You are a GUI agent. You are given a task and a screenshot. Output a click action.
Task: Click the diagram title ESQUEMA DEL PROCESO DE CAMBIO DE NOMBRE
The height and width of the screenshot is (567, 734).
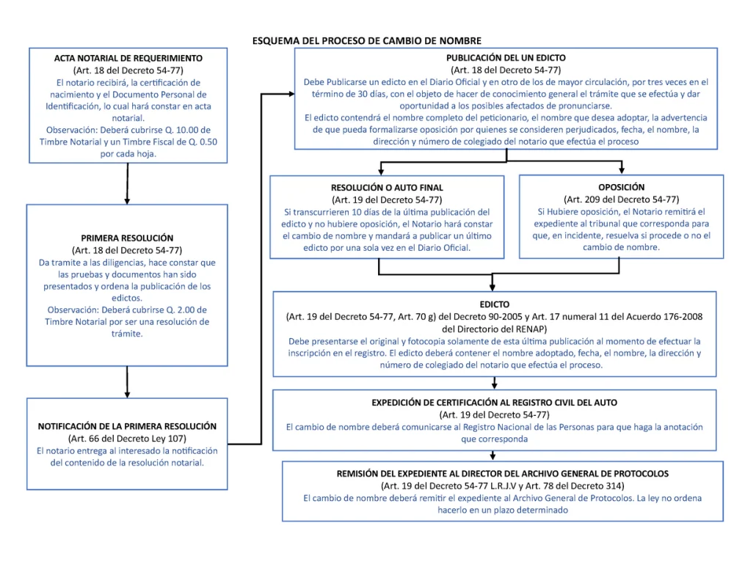[x=366, y=40]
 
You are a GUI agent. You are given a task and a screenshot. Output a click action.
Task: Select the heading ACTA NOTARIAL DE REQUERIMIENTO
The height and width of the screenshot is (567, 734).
[x=128, y=59]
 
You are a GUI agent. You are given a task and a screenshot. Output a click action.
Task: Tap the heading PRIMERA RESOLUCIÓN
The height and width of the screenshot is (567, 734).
[x=127, y=238]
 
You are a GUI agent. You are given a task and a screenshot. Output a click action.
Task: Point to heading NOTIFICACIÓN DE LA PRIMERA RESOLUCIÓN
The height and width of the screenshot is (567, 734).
[x=127, y=426]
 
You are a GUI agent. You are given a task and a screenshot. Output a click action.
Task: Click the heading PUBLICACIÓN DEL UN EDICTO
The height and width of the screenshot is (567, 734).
[x=506, y=58]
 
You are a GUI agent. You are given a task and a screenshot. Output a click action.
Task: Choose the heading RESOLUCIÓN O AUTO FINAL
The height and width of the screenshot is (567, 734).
[x=387, y=188]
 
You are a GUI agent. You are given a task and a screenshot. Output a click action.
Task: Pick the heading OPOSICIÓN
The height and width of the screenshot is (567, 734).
[x=621, y=187]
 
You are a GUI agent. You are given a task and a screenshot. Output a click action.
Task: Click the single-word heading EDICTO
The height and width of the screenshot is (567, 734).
[x=494, y=304]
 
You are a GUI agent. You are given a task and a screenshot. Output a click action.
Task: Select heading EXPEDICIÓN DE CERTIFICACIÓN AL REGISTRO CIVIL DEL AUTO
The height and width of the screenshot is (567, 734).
[x=494, y=402]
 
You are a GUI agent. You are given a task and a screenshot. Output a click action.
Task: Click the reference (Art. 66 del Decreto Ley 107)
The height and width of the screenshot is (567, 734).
[x=127, y=439]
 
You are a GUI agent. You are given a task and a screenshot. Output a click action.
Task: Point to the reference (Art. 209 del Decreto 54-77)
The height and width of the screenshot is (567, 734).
[x=621, y=200]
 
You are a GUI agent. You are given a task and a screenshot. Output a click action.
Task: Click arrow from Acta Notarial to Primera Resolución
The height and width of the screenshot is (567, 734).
[x=127, y=183]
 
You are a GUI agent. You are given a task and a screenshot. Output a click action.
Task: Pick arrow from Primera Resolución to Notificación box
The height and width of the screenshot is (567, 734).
[x=127, y=382]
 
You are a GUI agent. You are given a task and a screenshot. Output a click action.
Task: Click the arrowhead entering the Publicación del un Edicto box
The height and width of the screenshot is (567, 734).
[x=291, y=94]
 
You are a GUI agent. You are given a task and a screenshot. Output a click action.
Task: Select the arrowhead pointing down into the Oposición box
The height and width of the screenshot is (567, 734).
[x=622, y=170]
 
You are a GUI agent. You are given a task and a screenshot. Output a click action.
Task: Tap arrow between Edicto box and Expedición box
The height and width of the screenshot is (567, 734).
[x=494, y=383]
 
